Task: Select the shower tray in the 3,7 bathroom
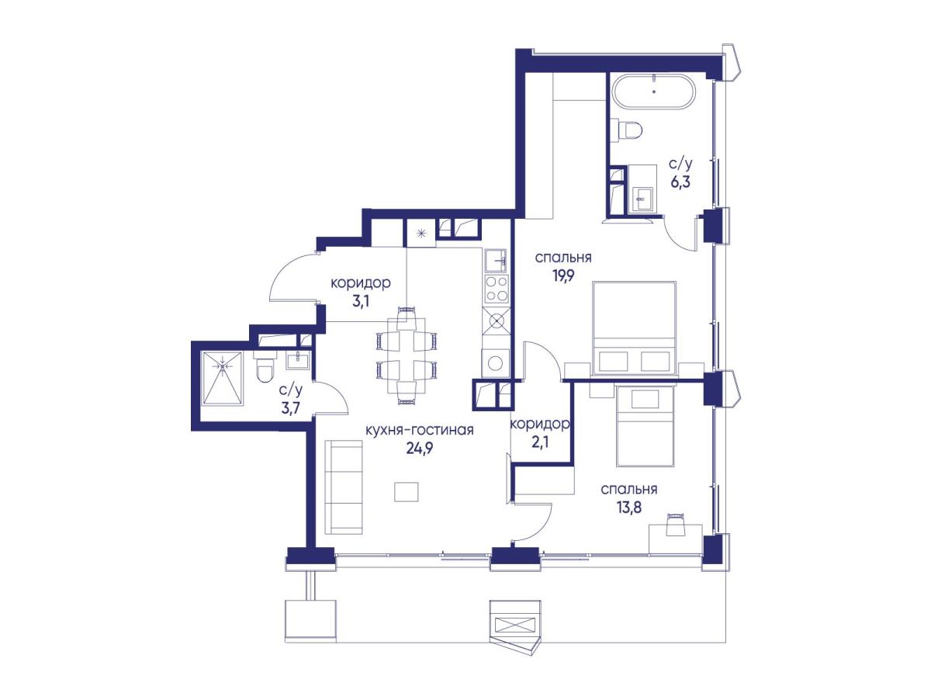point(223,378)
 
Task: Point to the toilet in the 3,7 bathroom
point(265,367)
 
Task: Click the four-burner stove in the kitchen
point(496,289)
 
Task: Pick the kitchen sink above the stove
point(496,261)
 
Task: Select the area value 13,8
point(628,507)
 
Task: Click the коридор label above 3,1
point(361,282)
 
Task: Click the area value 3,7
point(291,408)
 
